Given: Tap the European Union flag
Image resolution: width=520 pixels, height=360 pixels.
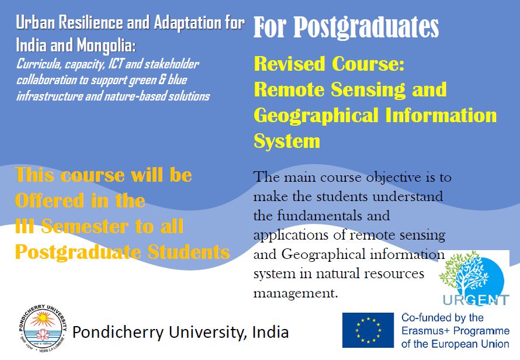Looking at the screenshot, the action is (368, 330).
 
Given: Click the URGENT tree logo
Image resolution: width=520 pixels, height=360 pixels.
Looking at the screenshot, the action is (474, 278).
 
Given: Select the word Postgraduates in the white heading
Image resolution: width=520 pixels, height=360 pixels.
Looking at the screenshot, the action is (366, 27).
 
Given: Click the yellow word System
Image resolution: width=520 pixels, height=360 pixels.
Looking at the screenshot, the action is (287, 141).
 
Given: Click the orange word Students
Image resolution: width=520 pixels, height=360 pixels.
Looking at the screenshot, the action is (188, 252).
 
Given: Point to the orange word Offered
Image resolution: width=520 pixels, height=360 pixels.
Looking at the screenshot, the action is (48, 200).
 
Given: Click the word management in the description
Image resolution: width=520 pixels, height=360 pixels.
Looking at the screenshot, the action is (296, 293).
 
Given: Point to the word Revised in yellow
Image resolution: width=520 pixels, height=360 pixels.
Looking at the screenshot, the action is (289, 64).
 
